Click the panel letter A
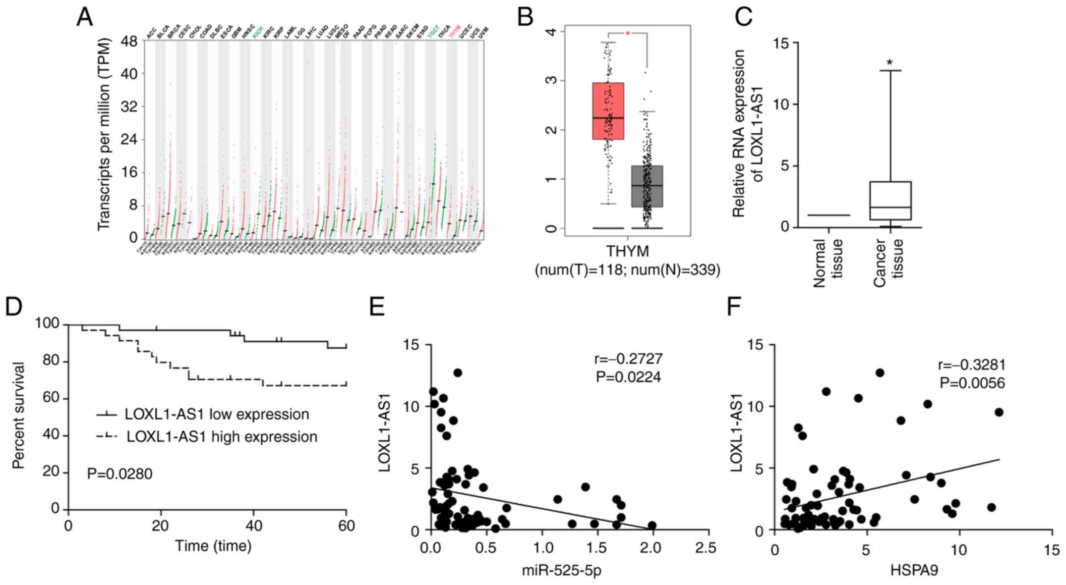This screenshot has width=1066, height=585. click(x=84, y=17)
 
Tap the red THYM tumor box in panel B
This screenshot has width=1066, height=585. click(x=608, y=111)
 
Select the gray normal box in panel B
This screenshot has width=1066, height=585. click(x=647, y=186)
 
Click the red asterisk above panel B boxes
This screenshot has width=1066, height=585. click(x=627, y=33)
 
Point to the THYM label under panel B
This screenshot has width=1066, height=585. click(x=627, y=252)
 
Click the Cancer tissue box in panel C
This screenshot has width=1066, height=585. click(x=890, y=201)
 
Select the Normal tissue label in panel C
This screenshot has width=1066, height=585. click(x=828, y=263)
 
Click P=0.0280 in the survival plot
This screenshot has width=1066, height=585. click(x=119, y=474)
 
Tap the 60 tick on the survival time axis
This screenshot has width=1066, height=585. click(x=347, y=526)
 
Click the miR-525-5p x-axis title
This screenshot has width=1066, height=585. click(x=561, y=571)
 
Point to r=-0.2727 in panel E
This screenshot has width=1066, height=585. click(x=628, y=358)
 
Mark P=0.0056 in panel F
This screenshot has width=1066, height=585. click(x=972, y=383)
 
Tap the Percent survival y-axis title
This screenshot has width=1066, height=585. click(x=18, y=416)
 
